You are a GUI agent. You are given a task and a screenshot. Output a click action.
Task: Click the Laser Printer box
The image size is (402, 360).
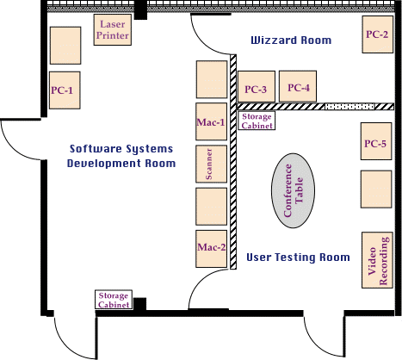coord(113,29)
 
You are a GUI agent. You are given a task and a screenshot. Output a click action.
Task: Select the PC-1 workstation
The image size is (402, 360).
coord(65,90)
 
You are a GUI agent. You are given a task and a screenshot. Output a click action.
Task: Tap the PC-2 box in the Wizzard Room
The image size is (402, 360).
coord(377,34)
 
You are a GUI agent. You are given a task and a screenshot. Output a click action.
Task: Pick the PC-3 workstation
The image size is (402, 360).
coord(257,86)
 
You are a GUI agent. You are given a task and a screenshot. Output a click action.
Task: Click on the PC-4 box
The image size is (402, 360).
coord(298,86)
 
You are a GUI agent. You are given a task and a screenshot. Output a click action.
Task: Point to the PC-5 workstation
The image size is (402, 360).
coord(376,141)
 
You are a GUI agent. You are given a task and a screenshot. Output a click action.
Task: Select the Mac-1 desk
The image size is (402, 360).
coord(211,121)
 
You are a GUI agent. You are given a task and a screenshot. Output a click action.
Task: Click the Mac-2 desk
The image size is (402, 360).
coord(211,249)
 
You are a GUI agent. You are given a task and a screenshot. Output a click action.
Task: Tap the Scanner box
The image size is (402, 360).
coord(211,164)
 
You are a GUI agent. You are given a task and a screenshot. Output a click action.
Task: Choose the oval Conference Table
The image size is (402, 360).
coord(293,190)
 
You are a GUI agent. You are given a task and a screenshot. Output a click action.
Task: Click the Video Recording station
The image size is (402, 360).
coord(377,260)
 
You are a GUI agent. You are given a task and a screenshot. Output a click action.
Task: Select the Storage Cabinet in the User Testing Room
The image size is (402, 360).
coord(257,121)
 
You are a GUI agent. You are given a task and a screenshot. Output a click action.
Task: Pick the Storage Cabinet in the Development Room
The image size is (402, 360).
coord(114,300)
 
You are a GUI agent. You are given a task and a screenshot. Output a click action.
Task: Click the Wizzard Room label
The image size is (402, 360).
coord(291,40)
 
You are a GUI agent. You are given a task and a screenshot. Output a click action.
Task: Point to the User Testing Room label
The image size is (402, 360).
coord(298,258)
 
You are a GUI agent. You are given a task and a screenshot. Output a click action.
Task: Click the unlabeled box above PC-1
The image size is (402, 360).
coord(65,46)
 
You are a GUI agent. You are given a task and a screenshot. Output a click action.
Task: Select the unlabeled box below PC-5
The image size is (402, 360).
coord(376,189)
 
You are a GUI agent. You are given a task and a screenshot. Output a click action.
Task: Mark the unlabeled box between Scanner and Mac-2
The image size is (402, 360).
coord(211,207)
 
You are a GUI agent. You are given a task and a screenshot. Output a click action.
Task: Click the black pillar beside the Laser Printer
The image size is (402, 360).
coord(140,9)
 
